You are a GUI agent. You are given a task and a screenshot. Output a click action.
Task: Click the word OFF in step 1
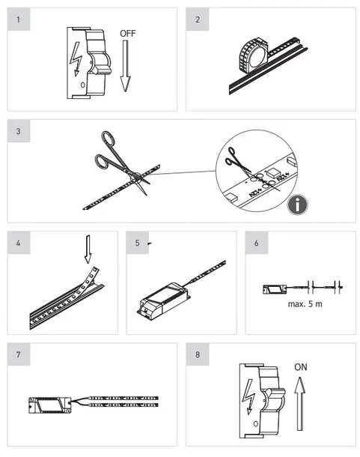[x=127, y=34]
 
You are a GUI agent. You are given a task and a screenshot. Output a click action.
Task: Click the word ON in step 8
[x=301, y=367]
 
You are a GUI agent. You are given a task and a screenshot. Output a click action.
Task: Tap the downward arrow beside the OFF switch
[x=125, y=66]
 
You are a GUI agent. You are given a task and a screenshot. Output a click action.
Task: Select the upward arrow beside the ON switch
[x=299, y=403]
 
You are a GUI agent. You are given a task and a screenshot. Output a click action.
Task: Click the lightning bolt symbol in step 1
[x=76, y=59]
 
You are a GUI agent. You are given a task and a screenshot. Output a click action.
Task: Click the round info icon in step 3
[x=297, y=205]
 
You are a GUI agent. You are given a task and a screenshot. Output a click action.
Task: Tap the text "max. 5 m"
[x=305, y=304]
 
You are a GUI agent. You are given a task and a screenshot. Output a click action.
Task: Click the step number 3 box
[x=19, y=131]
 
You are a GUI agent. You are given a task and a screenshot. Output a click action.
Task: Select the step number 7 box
[x=19, y=354]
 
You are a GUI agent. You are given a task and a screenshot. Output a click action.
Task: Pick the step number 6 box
[x=256, y=243]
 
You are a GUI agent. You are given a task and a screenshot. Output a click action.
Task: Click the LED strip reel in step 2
[x=253, y=55]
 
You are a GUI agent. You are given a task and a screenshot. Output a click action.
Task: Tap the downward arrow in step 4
[x=88, y=249]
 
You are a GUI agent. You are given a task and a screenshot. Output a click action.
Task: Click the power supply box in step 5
[x=164, y=300]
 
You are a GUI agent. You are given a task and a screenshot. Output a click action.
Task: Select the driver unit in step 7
[x=50, y=405]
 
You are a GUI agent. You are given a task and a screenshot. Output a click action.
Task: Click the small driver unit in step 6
[x=275, y=289]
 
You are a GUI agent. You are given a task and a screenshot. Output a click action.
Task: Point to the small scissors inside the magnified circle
[x=238, y=160]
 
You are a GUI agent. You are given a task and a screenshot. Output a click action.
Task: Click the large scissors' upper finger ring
[x=108, y=139]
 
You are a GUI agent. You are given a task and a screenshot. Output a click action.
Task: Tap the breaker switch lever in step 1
[x=100, y=64]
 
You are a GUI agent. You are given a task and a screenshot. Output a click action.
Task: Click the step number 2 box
[x=198, y=19]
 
